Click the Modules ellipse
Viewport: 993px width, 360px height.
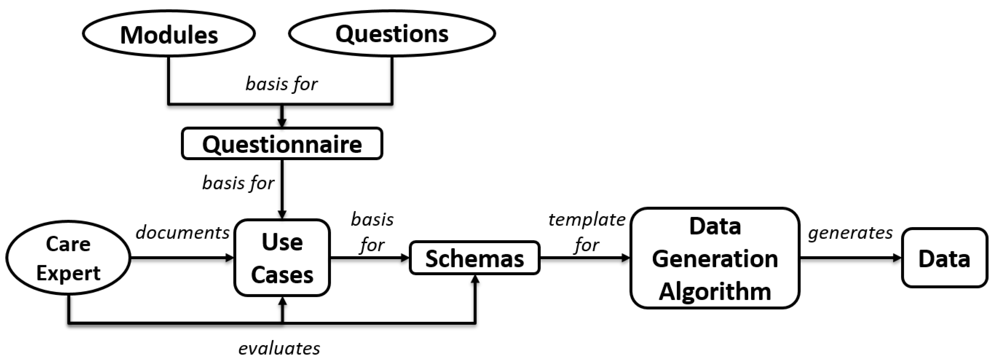[169, 34]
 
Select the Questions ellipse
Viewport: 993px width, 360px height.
[392, 33]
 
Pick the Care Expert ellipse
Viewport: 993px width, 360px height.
[68, 258]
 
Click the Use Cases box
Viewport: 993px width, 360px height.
[282, 258]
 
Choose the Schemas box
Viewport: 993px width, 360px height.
[475, 258]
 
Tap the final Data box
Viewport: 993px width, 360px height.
[944, 258]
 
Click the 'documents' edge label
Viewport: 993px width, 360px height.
[182, 232]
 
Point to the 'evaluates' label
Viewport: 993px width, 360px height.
[279, 348]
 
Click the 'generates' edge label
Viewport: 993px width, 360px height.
[850, 232]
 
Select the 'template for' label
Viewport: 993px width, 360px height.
[587, 232]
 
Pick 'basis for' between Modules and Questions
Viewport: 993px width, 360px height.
[281, 84]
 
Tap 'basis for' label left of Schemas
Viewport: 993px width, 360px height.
[372, 232]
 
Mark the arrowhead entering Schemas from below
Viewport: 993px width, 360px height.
[475, 279]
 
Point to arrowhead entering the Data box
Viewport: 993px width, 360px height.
[897, 258]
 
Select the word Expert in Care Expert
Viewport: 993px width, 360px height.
[68, 273]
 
